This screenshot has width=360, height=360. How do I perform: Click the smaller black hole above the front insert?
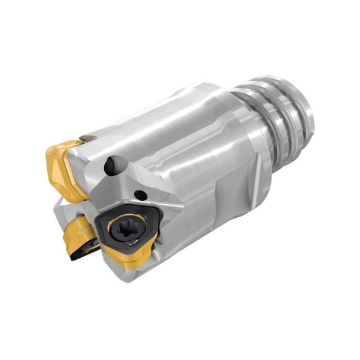[139, 194]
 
